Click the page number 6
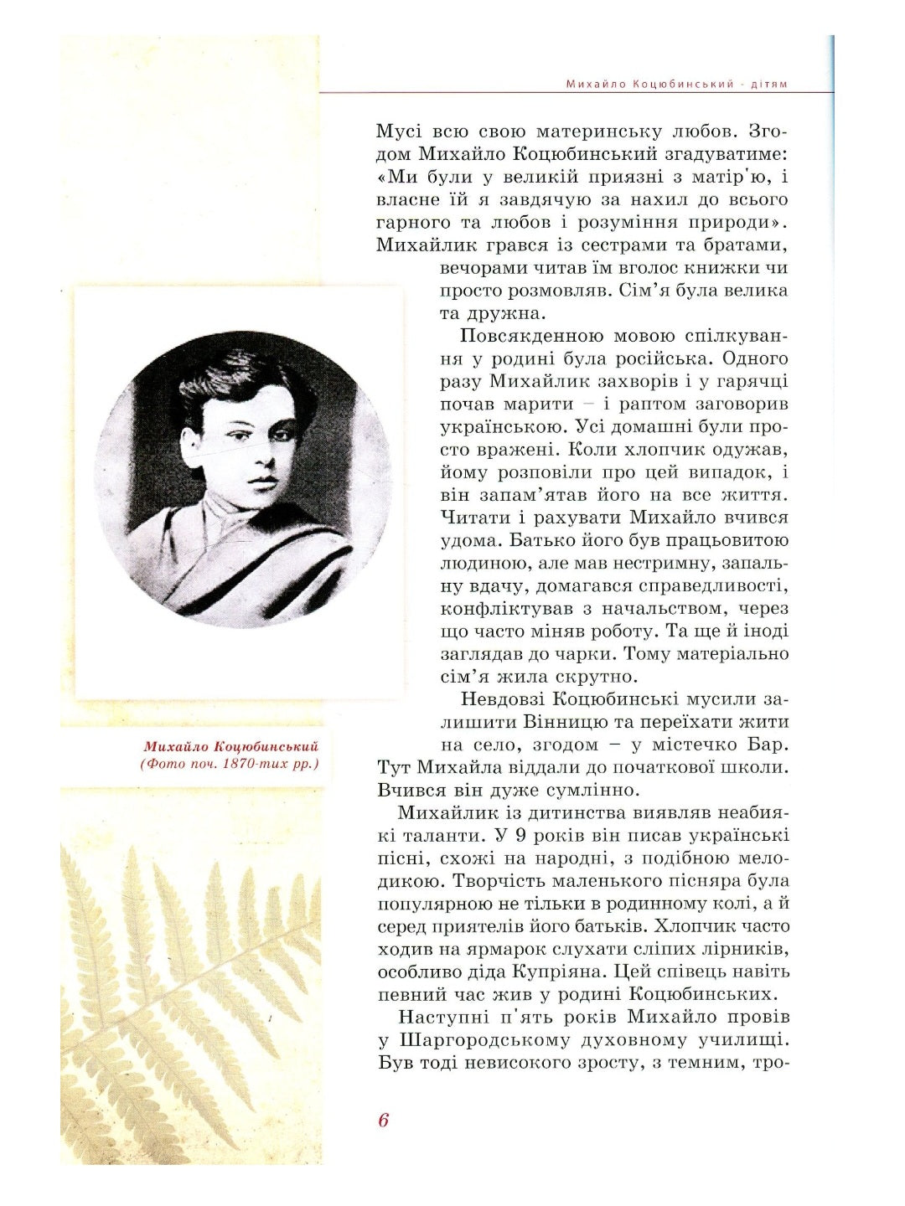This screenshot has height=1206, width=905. (384, 1121)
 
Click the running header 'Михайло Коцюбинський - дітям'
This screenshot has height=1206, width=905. (676, 84)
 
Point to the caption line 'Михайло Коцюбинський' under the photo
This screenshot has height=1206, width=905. (231, 746)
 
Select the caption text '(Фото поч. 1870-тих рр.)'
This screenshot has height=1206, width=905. (230, 764)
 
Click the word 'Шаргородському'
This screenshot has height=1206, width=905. (491, 1040)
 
